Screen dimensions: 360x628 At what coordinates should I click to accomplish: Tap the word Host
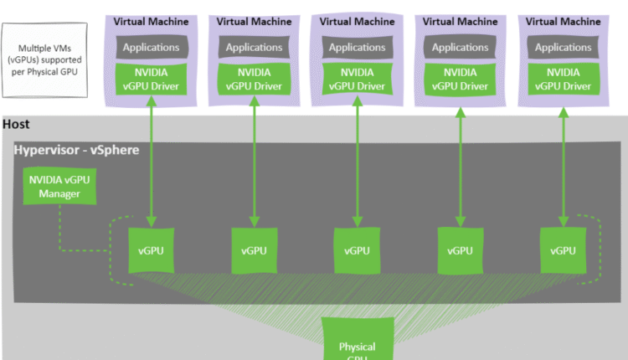click(x=17, y=124)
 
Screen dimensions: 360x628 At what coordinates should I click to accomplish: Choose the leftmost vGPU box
click(x=151, y=249)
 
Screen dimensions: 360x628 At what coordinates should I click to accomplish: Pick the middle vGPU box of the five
click(x=357, y=249)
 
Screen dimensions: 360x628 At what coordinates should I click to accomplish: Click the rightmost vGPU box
click(x=563, y=249)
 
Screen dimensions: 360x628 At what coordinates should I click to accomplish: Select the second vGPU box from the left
click(x=254, y=249)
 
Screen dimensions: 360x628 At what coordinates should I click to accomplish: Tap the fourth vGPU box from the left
click(x=460, y=249)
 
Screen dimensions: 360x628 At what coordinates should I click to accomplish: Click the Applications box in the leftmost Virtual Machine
click(x=151, y=48)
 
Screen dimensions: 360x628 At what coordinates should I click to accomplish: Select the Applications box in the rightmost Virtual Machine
click(x=563, y=48)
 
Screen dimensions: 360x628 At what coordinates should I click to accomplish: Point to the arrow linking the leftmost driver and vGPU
click(x=151, y=159)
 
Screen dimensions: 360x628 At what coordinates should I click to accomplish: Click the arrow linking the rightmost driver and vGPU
click(x=563, y=159)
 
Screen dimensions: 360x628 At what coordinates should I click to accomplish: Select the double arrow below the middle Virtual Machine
click(x=357, y=159)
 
